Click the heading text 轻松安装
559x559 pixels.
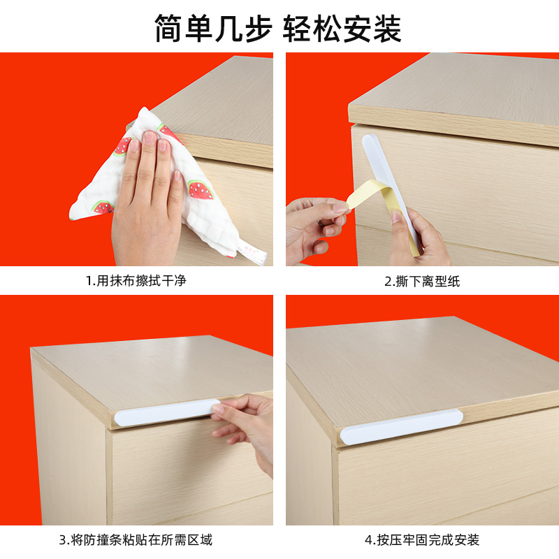tap(342, 29)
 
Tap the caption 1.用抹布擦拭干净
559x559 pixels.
tap(136, 282)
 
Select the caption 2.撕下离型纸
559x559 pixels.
tap(422, 282)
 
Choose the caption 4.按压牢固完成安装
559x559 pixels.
tap(422, 539)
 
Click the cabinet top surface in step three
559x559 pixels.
tap(154, 370)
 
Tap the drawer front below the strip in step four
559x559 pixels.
tap(447, 482)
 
